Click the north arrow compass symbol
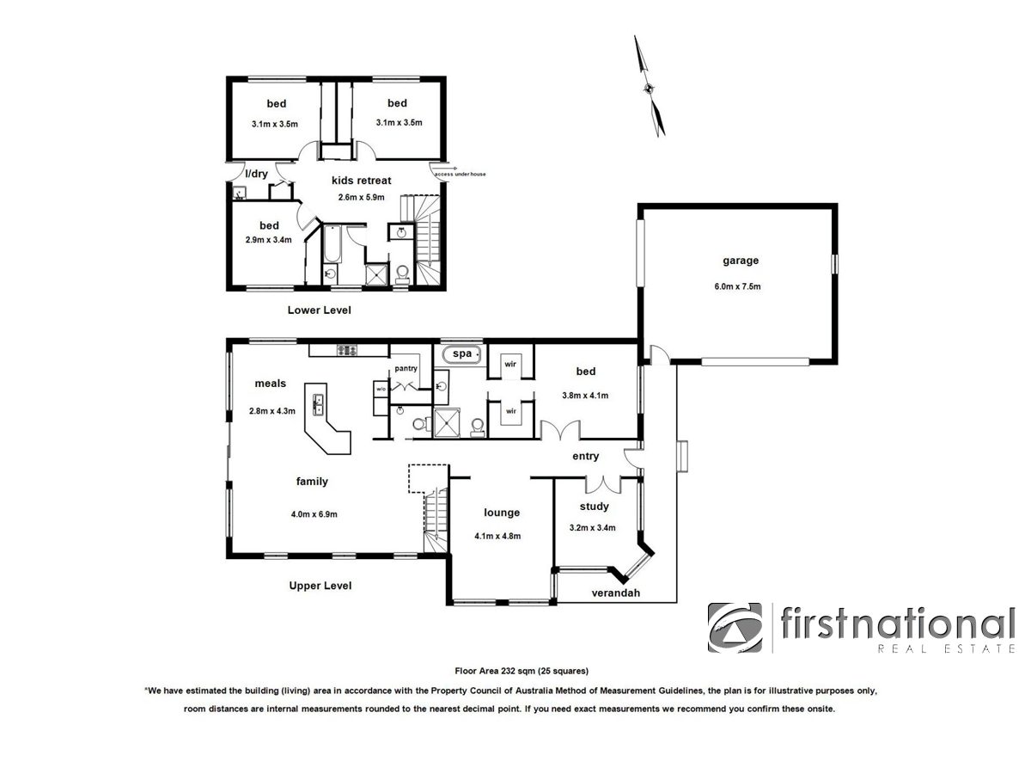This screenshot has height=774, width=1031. pos(650,86)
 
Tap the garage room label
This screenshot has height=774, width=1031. pos(740,261)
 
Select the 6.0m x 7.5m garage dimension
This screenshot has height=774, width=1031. pos(740,286)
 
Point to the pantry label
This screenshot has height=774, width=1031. pos(406,369)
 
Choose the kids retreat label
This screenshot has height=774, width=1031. pos(362,181)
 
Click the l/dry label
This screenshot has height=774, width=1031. pos(256,175)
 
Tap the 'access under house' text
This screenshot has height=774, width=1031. pos(461,175)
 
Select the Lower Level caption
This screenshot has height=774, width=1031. pos(319,310)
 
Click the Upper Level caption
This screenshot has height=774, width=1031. pos(320,586)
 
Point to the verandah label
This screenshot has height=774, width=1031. pos(616,593)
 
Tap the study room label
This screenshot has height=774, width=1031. pos(594,507)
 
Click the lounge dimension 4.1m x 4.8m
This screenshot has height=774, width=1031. pos(497,536)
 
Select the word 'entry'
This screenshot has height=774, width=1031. pos(585,457)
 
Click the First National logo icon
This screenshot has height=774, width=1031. pos(735,627)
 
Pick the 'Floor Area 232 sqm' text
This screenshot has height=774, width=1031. pos(522,670)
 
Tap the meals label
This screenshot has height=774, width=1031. pos(270,384)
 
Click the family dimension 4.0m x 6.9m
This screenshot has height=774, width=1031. pos(314,514)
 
